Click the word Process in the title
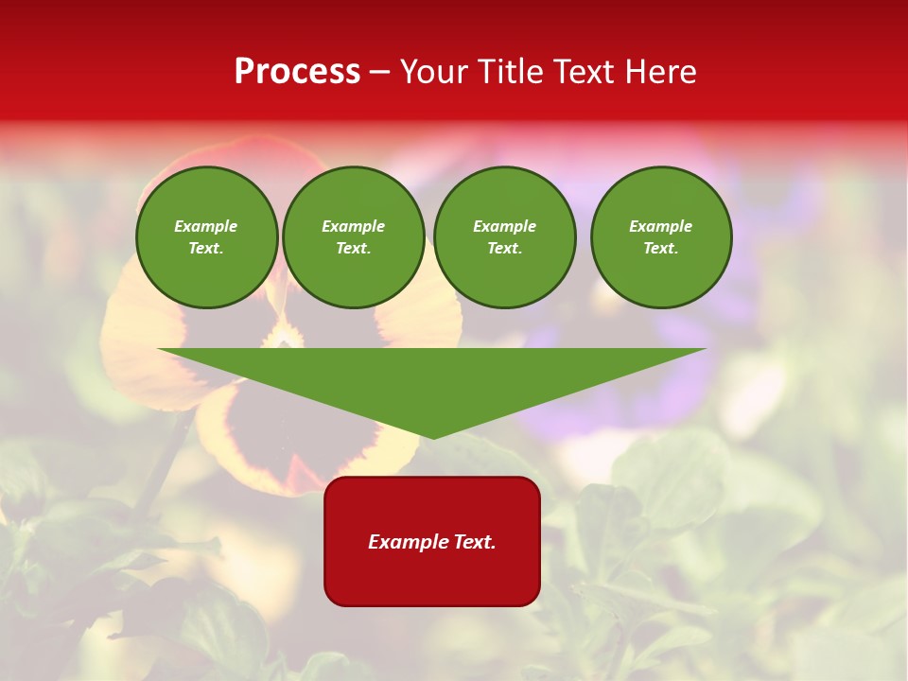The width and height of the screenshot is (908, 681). [297, 72]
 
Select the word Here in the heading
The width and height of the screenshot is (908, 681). [658, 72]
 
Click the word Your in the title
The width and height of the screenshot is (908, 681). [433, 72]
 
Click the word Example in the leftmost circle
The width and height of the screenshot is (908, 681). [206, 226]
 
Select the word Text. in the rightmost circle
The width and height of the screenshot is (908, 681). [661, 248]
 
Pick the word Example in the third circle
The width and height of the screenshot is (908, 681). [505, 226]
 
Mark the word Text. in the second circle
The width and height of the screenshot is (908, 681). [354, 248]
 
